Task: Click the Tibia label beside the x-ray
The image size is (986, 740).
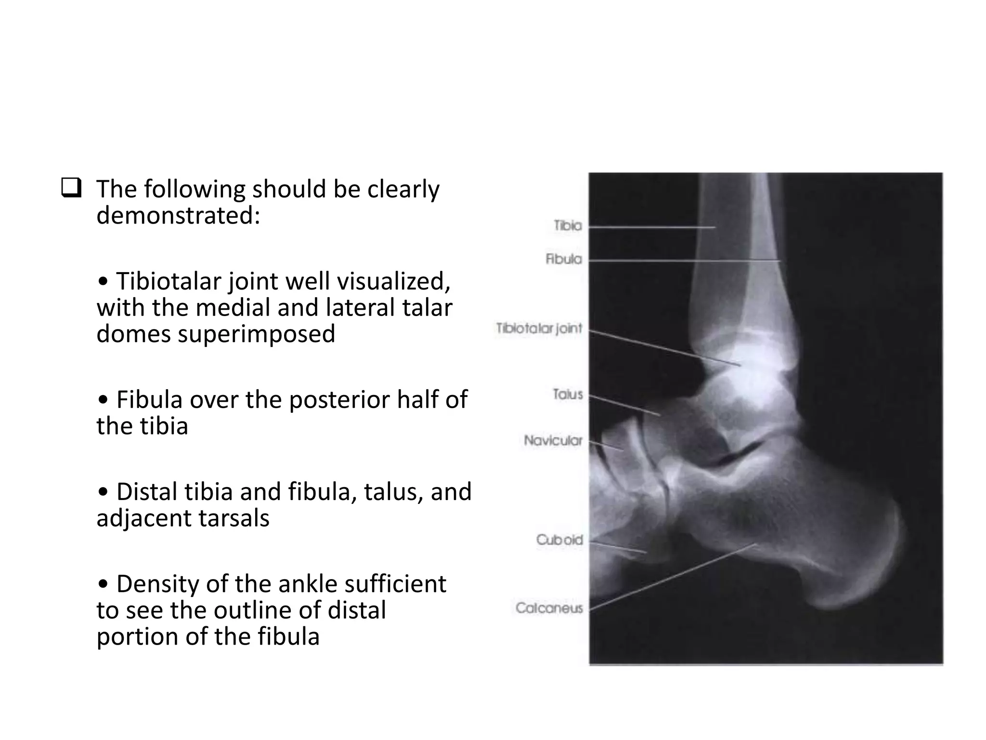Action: (567, 225)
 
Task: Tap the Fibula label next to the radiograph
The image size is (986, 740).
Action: (563, 259)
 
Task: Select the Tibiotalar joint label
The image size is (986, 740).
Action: (539, 329)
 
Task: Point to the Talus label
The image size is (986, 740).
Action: (568, 395)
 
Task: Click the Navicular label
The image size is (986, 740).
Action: (553, 440)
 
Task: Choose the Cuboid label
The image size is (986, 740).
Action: (559, 540)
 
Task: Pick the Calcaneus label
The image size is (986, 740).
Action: (549, 608)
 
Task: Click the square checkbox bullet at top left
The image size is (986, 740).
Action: (71, 188)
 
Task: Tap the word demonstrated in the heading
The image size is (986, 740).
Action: (178, 215)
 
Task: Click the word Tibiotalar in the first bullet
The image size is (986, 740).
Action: (169, 281)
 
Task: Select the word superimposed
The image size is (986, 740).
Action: (256, 334)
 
